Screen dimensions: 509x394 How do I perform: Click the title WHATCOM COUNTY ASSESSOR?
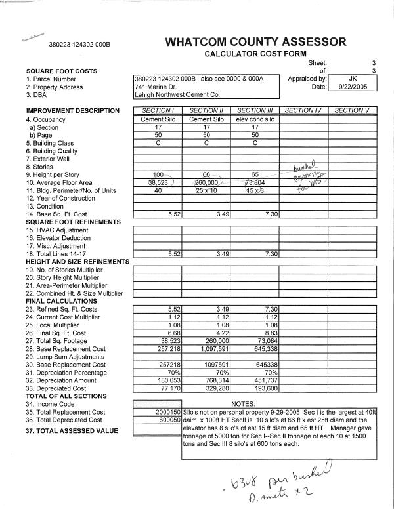coord(255,42)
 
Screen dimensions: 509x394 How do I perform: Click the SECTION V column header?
coord(352,110)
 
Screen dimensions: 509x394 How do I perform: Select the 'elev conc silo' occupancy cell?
coord(255,119)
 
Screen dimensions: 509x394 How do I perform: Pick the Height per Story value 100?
coord(157,174)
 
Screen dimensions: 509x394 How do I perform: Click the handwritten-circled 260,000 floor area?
coord(206,183)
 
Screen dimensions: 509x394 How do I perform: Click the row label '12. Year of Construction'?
coord(60,199)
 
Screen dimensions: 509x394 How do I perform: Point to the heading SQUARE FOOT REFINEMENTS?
coord(70,222)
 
